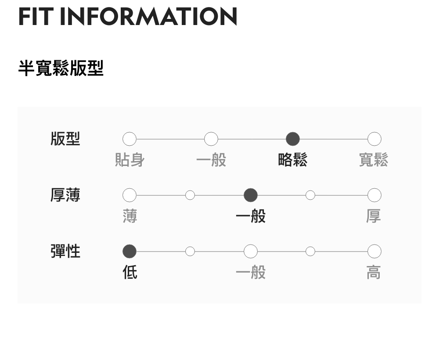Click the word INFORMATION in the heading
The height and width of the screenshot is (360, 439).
(x=148, y=16)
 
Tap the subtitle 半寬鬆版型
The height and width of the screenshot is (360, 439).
(x=61, y=68)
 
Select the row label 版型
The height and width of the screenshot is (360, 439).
(x=65, y=139)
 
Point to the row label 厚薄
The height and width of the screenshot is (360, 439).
(x=65, y=195)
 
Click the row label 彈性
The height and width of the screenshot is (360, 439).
(x=65, y=252)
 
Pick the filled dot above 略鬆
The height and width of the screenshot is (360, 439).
(x=293, y=139)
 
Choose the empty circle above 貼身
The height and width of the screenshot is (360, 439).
(x=130, y=139)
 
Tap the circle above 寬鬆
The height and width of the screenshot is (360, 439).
(x=374, y=139)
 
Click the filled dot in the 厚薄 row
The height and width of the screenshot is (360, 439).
(x=251, y=195)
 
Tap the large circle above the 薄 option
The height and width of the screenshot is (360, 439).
(x=130, y=195)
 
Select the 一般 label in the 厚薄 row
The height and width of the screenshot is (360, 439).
(x=251, y=216)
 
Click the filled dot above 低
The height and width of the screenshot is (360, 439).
(x=130, y=252)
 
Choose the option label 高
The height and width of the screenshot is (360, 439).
(x=374, y=273)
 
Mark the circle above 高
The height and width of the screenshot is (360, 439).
(x=374, y=252)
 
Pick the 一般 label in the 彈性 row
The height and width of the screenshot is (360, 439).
(x=251, y=273)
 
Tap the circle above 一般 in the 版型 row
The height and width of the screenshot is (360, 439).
(x=211, y=139)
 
